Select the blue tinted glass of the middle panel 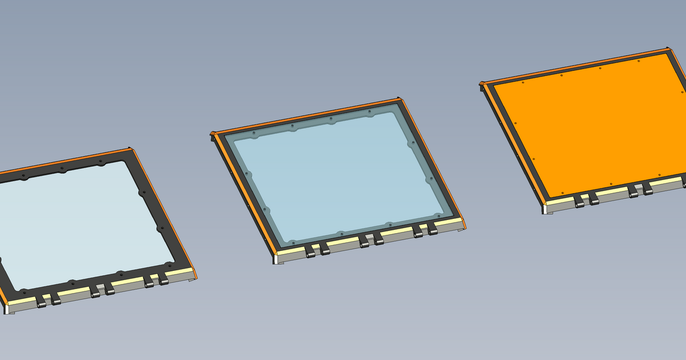tap(337, 177)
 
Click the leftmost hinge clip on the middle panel tap(310, 251)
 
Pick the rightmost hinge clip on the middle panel tap(433, 229)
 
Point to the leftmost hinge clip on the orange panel tap(579, 201)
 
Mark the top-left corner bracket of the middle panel tap(214, 135)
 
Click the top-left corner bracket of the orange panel tap(482, 85)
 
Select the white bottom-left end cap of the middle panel tap(276, 259)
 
